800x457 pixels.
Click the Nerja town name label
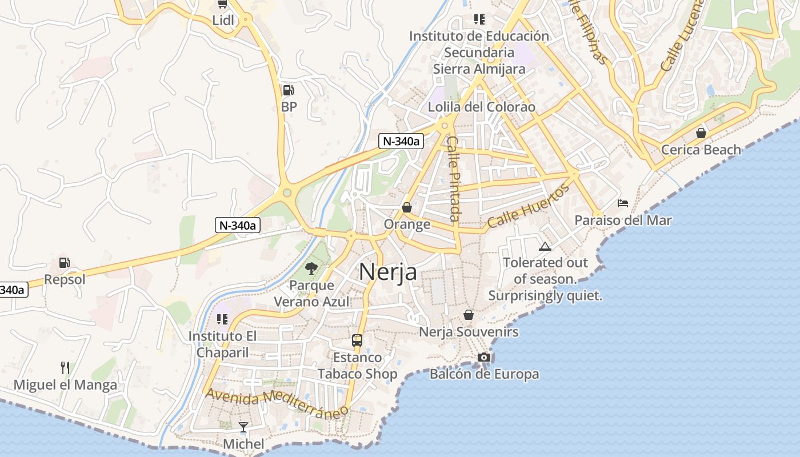click(388, 272)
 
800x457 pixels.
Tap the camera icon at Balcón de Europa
click(484, 357)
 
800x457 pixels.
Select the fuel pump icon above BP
click(289, 90)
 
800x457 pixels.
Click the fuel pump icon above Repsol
click(65, 263)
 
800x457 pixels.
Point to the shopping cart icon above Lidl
click(222, 4)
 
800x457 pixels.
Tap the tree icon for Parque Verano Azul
click(311, 267)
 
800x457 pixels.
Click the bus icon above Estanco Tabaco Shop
click(357, 340)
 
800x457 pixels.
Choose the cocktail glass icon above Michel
click(243, 427)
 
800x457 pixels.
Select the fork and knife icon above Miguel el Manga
click(65, 367)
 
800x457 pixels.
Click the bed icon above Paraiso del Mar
click(623, 203)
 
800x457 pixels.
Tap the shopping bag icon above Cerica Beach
click(701, 133)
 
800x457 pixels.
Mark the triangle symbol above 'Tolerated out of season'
click(545, 246)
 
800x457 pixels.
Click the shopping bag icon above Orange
click(407, 207)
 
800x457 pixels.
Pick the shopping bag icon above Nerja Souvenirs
click(469, 315)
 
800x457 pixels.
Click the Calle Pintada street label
click(454, 178)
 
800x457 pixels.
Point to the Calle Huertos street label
click(529, 206)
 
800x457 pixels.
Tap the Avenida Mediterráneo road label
click(277, 403)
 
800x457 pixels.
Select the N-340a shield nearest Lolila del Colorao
click(401, 141)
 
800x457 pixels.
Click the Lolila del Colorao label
click(482, 107)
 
